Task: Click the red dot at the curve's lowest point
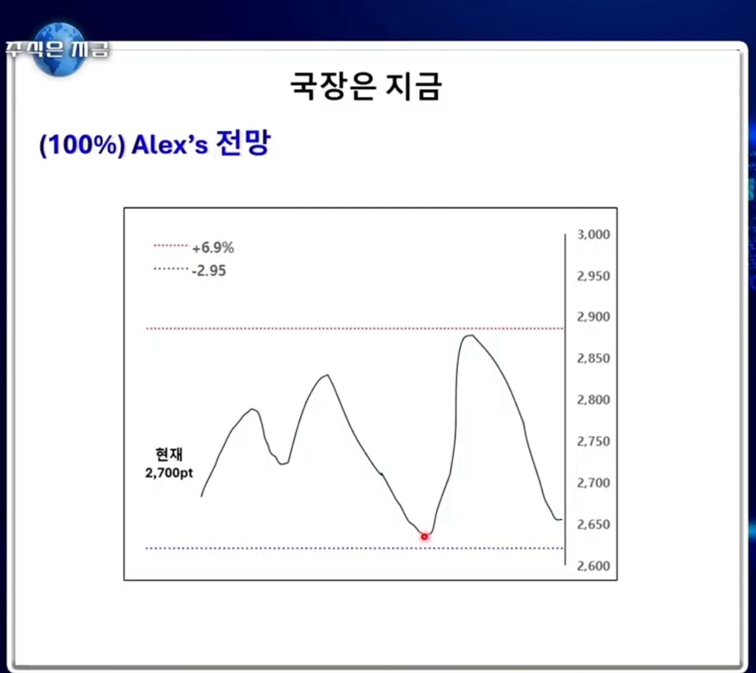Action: click(x=424, y=537)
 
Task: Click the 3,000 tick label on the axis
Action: click(x=593, y=235)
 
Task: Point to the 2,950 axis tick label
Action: click(x=593, y=276)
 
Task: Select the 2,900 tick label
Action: click(x=593, y=317)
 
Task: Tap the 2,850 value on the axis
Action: click(x=593, y=358)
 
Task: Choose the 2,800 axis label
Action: click(x=593, y=400)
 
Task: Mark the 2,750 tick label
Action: click(x=593, y=441)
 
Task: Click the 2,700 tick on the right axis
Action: click(x=593, y=483)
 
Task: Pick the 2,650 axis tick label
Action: click(x=593, y=525)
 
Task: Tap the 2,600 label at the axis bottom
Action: click(x=593, y=566)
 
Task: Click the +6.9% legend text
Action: click(x=213, y=248)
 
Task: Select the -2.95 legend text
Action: click(x=209, y=271)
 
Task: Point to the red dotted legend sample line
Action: click(x=171, y=245)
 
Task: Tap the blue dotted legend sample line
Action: click(x=171, y=269)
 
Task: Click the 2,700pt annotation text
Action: click(x=169, y=473)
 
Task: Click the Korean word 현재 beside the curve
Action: click(x=169, y=455)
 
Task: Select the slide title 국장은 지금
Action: click(x=366, y=86)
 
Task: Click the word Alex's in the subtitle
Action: click(x=170, y=144)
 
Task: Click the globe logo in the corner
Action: click(x=59, y=49)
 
